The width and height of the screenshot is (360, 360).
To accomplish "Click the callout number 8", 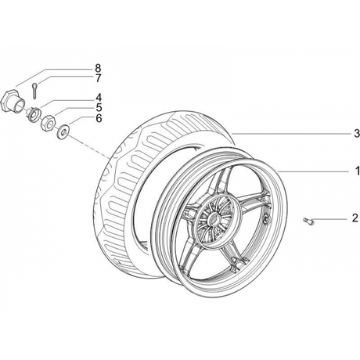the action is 98,68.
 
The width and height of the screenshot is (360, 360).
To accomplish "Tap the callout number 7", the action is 98,78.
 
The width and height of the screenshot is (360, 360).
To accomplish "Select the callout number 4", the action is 98,98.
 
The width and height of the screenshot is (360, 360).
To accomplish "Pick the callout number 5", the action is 98,107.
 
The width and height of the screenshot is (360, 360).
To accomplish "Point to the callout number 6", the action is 99,118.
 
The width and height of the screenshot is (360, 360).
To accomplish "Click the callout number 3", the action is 357,134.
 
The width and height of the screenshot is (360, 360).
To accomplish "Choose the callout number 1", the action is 357,171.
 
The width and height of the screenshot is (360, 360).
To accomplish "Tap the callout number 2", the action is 355,218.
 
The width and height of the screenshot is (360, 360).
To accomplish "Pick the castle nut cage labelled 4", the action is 34,114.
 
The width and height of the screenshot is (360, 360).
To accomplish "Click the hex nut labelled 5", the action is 48,123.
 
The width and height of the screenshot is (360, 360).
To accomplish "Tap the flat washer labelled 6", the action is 63,132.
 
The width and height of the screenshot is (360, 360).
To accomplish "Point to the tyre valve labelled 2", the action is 308,221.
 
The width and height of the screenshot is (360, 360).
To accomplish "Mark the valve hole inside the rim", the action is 266,219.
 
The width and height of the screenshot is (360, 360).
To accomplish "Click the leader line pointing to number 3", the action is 291,134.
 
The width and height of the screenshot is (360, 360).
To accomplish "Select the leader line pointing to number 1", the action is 314,171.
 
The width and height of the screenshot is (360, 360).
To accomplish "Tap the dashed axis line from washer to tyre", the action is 89,146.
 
